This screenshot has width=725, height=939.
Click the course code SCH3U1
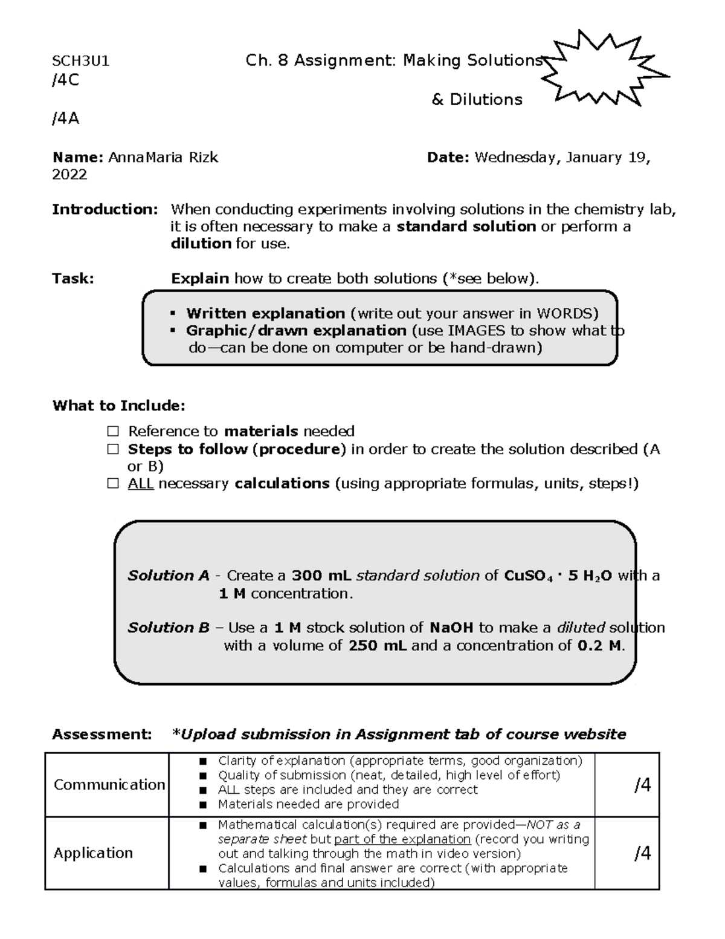[x=81, y=61]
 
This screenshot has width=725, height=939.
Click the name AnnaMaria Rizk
[x=163, y=158]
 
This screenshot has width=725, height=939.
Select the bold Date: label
[x=448, y=158]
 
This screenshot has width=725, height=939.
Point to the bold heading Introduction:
[x=105, y=210]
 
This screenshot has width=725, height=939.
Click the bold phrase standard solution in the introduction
[x=466, y=227]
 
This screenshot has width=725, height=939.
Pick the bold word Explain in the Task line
[x=200, y=279]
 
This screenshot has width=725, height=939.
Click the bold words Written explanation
[x=265, y=313]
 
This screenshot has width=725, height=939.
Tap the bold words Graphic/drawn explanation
[x=296, y=331]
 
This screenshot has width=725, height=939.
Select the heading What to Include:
[x=119, y=406]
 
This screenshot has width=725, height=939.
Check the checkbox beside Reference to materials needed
[x=113, y=432]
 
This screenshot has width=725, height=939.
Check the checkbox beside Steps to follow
[x=113, y=450]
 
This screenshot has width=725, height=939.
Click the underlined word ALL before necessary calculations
[x=141, y=484]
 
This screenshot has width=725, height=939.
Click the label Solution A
[x=169, y=576]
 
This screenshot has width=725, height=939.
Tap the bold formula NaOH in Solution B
[x=451, y=628]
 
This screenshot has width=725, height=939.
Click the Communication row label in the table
[x=109, y=785]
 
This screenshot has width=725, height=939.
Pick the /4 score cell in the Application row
[x=642, y=854]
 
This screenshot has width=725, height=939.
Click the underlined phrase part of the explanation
[x=402, y=840]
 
